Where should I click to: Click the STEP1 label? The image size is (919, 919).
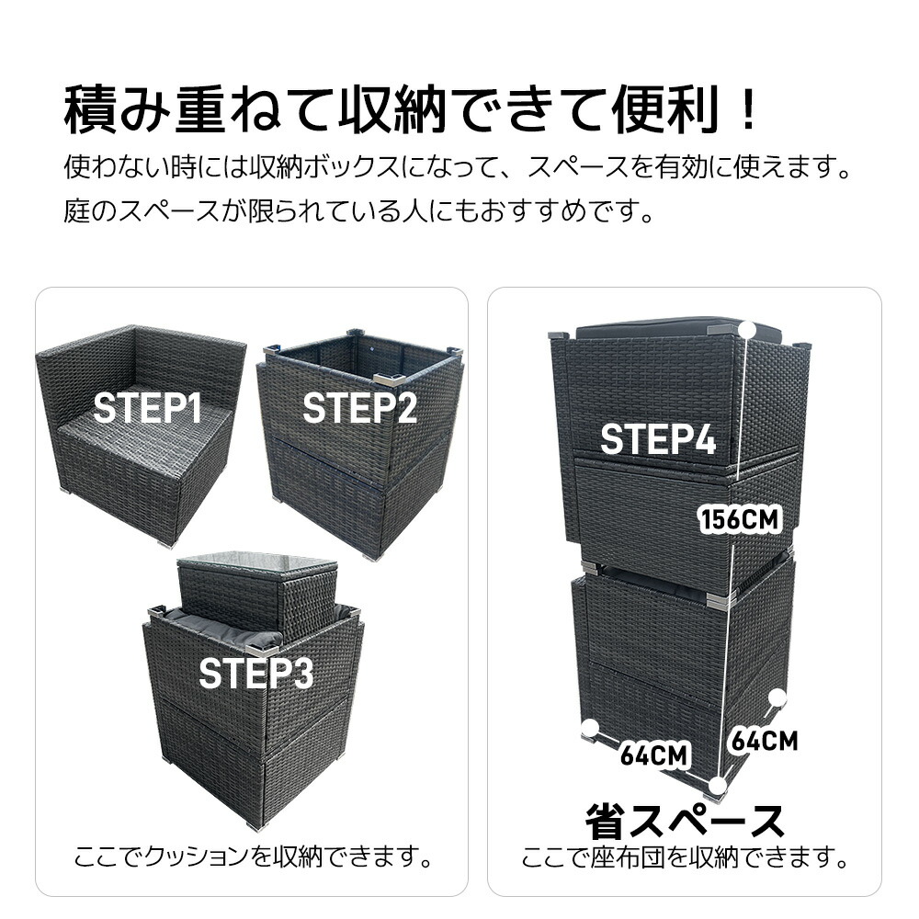[x=147, y=408]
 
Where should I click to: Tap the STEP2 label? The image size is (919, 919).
[x=359, y=408]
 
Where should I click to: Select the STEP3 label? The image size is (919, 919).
[x=256, y=674]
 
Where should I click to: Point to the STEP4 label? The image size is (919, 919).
[x=658, y=439]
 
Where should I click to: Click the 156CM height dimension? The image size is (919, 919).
[x=739, y=519]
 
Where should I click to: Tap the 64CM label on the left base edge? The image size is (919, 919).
[x=654, y=754]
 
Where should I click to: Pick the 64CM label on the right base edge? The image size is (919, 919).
[x=765, y=741]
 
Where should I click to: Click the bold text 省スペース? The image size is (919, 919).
[x=685, y=821]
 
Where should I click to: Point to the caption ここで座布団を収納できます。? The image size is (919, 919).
[x=685, y=858]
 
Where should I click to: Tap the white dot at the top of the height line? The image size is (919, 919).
[x=746, y=329]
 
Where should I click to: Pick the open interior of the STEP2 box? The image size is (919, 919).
[x=363, y=357]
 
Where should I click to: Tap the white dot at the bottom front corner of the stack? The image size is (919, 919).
[x=716, y=785]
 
